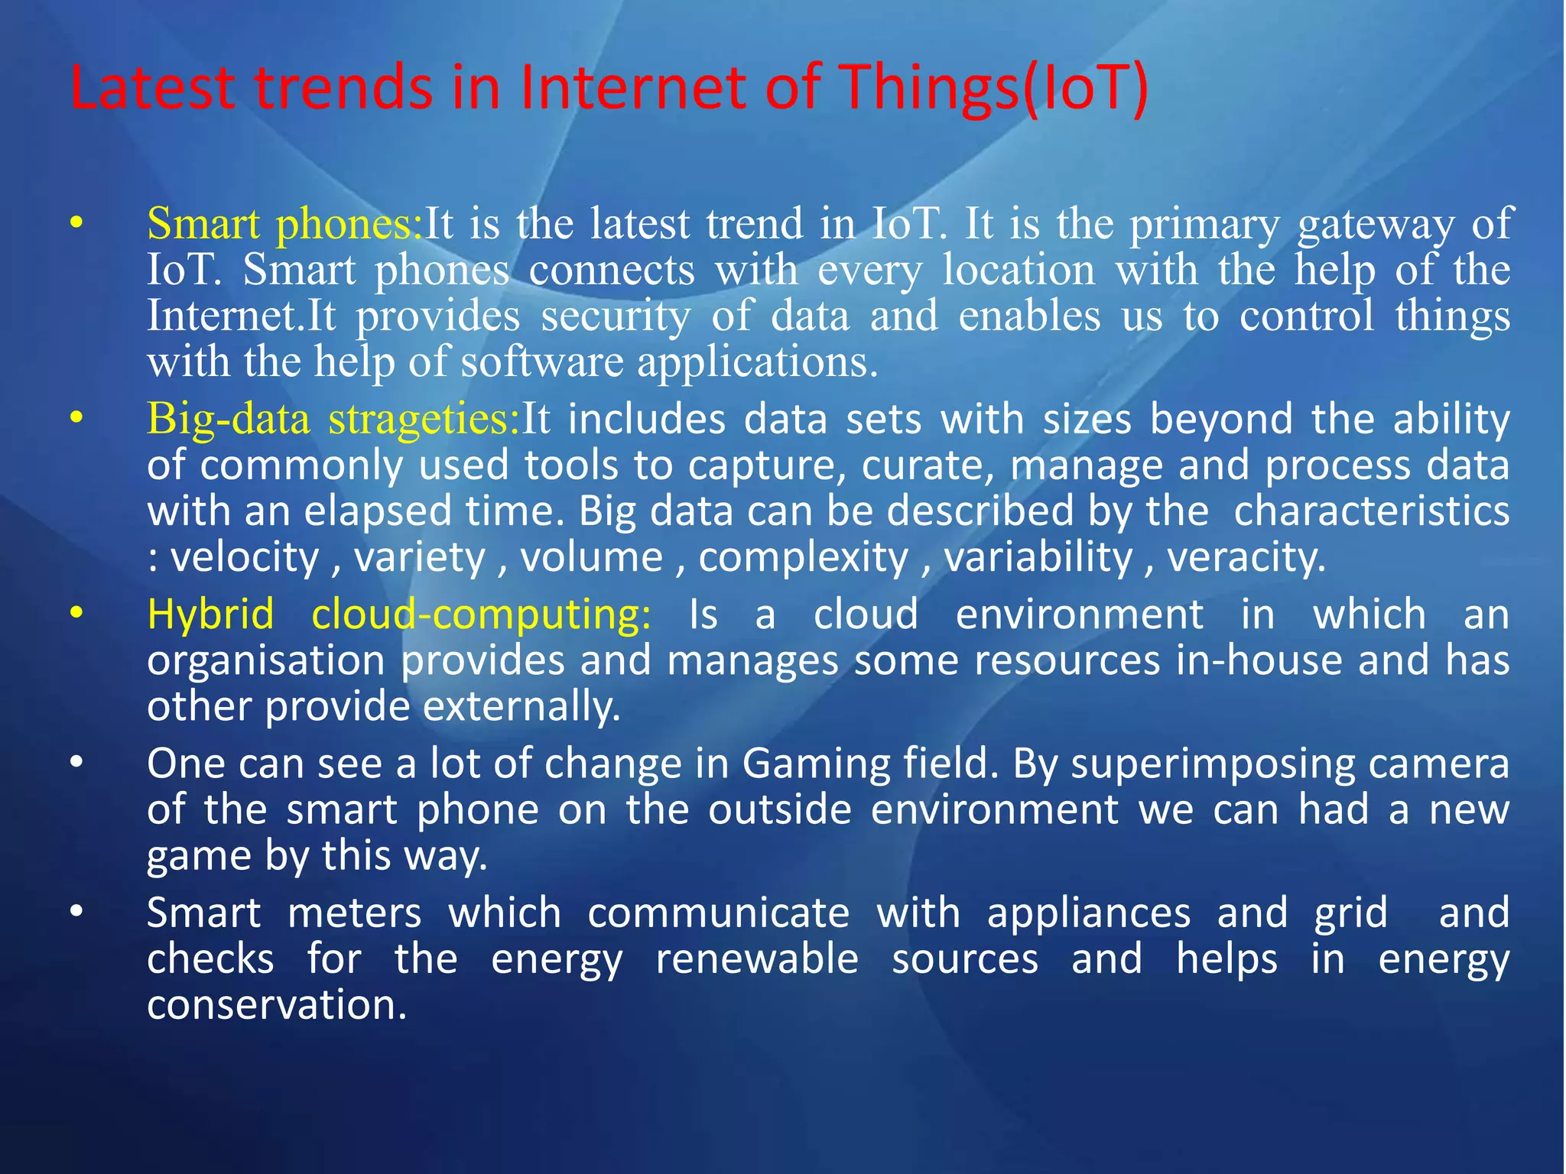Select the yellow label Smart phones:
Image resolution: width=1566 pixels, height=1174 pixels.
284,224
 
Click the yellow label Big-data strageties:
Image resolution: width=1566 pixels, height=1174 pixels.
333,419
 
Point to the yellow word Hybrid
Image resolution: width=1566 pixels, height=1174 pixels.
210,615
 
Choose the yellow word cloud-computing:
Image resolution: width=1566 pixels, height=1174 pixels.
481,615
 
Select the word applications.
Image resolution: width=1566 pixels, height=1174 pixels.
757,362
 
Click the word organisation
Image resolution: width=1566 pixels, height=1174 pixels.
266,660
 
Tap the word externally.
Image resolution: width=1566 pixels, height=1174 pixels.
521,706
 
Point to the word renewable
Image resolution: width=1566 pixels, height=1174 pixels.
757,959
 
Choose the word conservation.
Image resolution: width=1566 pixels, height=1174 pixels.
276,1004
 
